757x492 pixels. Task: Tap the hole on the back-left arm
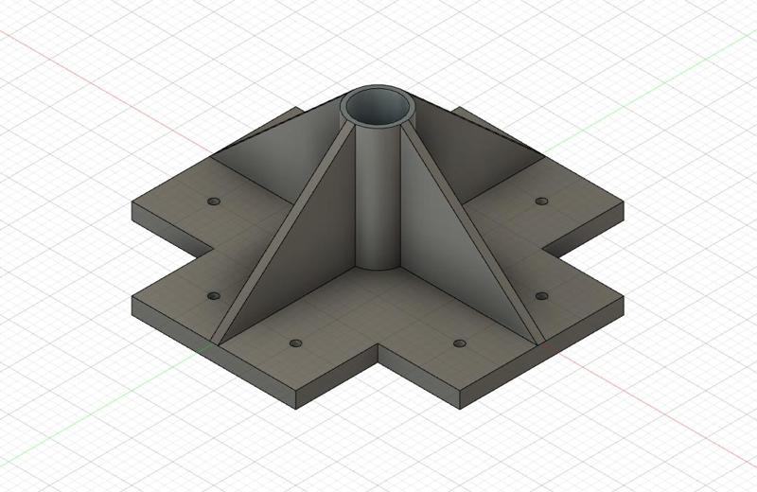[212, 202]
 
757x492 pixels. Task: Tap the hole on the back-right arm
[541, 202]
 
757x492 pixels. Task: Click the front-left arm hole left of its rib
[212, 296]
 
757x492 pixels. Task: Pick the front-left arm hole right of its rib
[296, 343]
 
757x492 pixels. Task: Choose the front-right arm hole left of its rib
[460, 343]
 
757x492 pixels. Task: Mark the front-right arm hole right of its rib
[541, 296]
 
